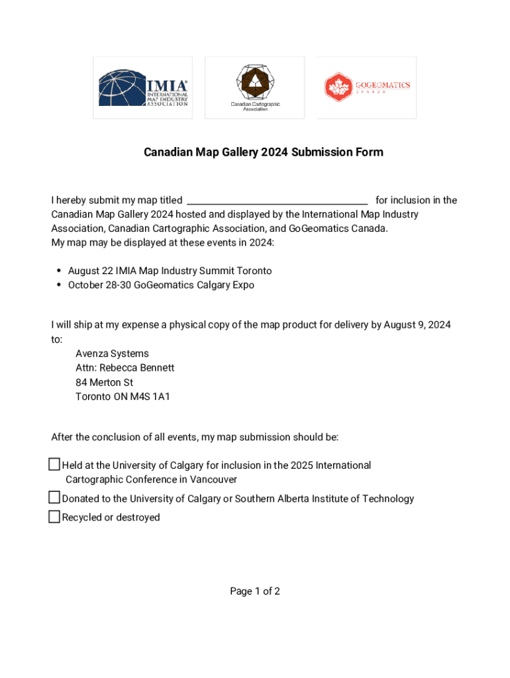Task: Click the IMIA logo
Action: pos(143,88)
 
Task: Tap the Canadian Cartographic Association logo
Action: pos(255,88)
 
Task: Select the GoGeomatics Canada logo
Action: pos(367,88)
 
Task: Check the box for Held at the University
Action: pos(54,465)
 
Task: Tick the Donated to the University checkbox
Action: pos(54,498)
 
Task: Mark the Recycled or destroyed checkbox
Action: pos(54,517)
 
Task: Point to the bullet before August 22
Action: pos(59,271)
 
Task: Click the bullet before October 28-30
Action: pos(59,285)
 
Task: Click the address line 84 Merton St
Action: pos(104,383)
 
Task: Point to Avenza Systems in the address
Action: pos(112,354)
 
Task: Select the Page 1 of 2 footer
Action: pos(255,591)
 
